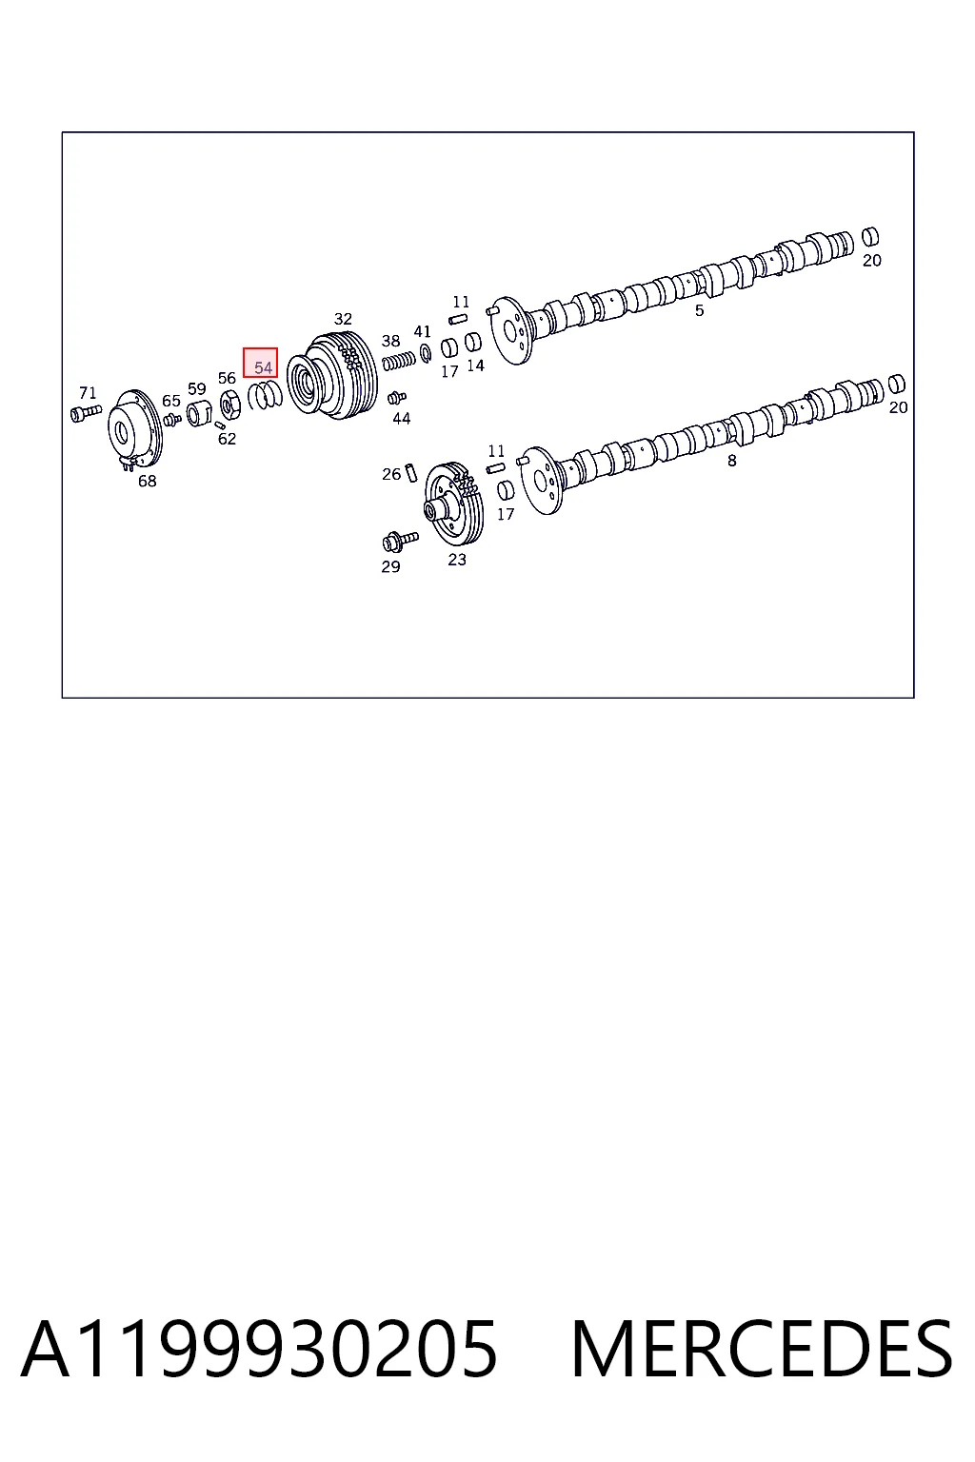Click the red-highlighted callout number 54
(x=263, y=368)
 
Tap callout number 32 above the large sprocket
(x=343, y=319)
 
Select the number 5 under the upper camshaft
(x=700, y=310)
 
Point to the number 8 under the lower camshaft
(x=732, y=461)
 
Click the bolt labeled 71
(x=86, y=413)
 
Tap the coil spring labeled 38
(x=398, y=360)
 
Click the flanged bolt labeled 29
(x=399, y=541)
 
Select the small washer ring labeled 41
(x=426, y=353)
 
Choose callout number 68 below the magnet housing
(x=147, y=481)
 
